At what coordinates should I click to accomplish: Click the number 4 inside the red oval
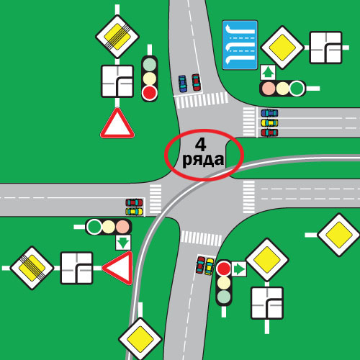[201, 145]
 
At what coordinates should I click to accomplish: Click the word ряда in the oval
[203, 160]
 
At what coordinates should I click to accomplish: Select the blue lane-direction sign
[240, 45]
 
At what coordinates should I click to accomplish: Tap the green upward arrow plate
[268, 72]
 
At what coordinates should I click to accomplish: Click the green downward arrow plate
[123, 243]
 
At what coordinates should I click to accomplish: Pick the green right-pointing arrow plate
[239, 269]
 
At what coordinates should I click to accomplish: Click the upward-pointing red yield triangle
[117, 123]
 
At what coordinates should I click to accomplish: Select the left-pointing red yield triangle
[117, 268]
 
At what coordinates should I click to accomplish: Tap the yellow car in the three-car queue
[269, 123]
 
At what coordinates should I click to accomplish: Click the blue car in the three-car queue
[269, 113]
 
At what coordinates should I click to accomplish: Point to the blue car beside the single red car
[183, 84]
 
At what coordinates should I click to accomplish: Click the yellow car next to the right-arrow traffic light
[210, 266]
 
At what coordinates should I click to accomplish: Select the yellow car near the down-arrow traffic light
[134, 212]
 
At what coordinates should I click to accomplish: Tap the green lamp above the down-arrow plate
[94, 227]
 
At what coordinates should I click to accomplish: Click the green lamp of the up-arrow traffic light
[297, 89]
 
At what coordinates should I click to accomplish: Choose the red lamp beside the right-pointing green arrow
[223, 269]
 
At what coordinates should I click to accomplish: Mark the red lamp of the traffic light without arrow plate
[150, 93]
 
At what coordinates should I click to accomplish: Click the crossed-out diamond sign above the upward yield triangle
[117, 37]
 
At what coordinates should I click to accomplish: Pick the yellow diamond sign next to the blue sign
[282, 48]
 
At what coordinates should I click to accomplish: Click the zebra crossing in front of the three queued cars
[249, 122]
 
